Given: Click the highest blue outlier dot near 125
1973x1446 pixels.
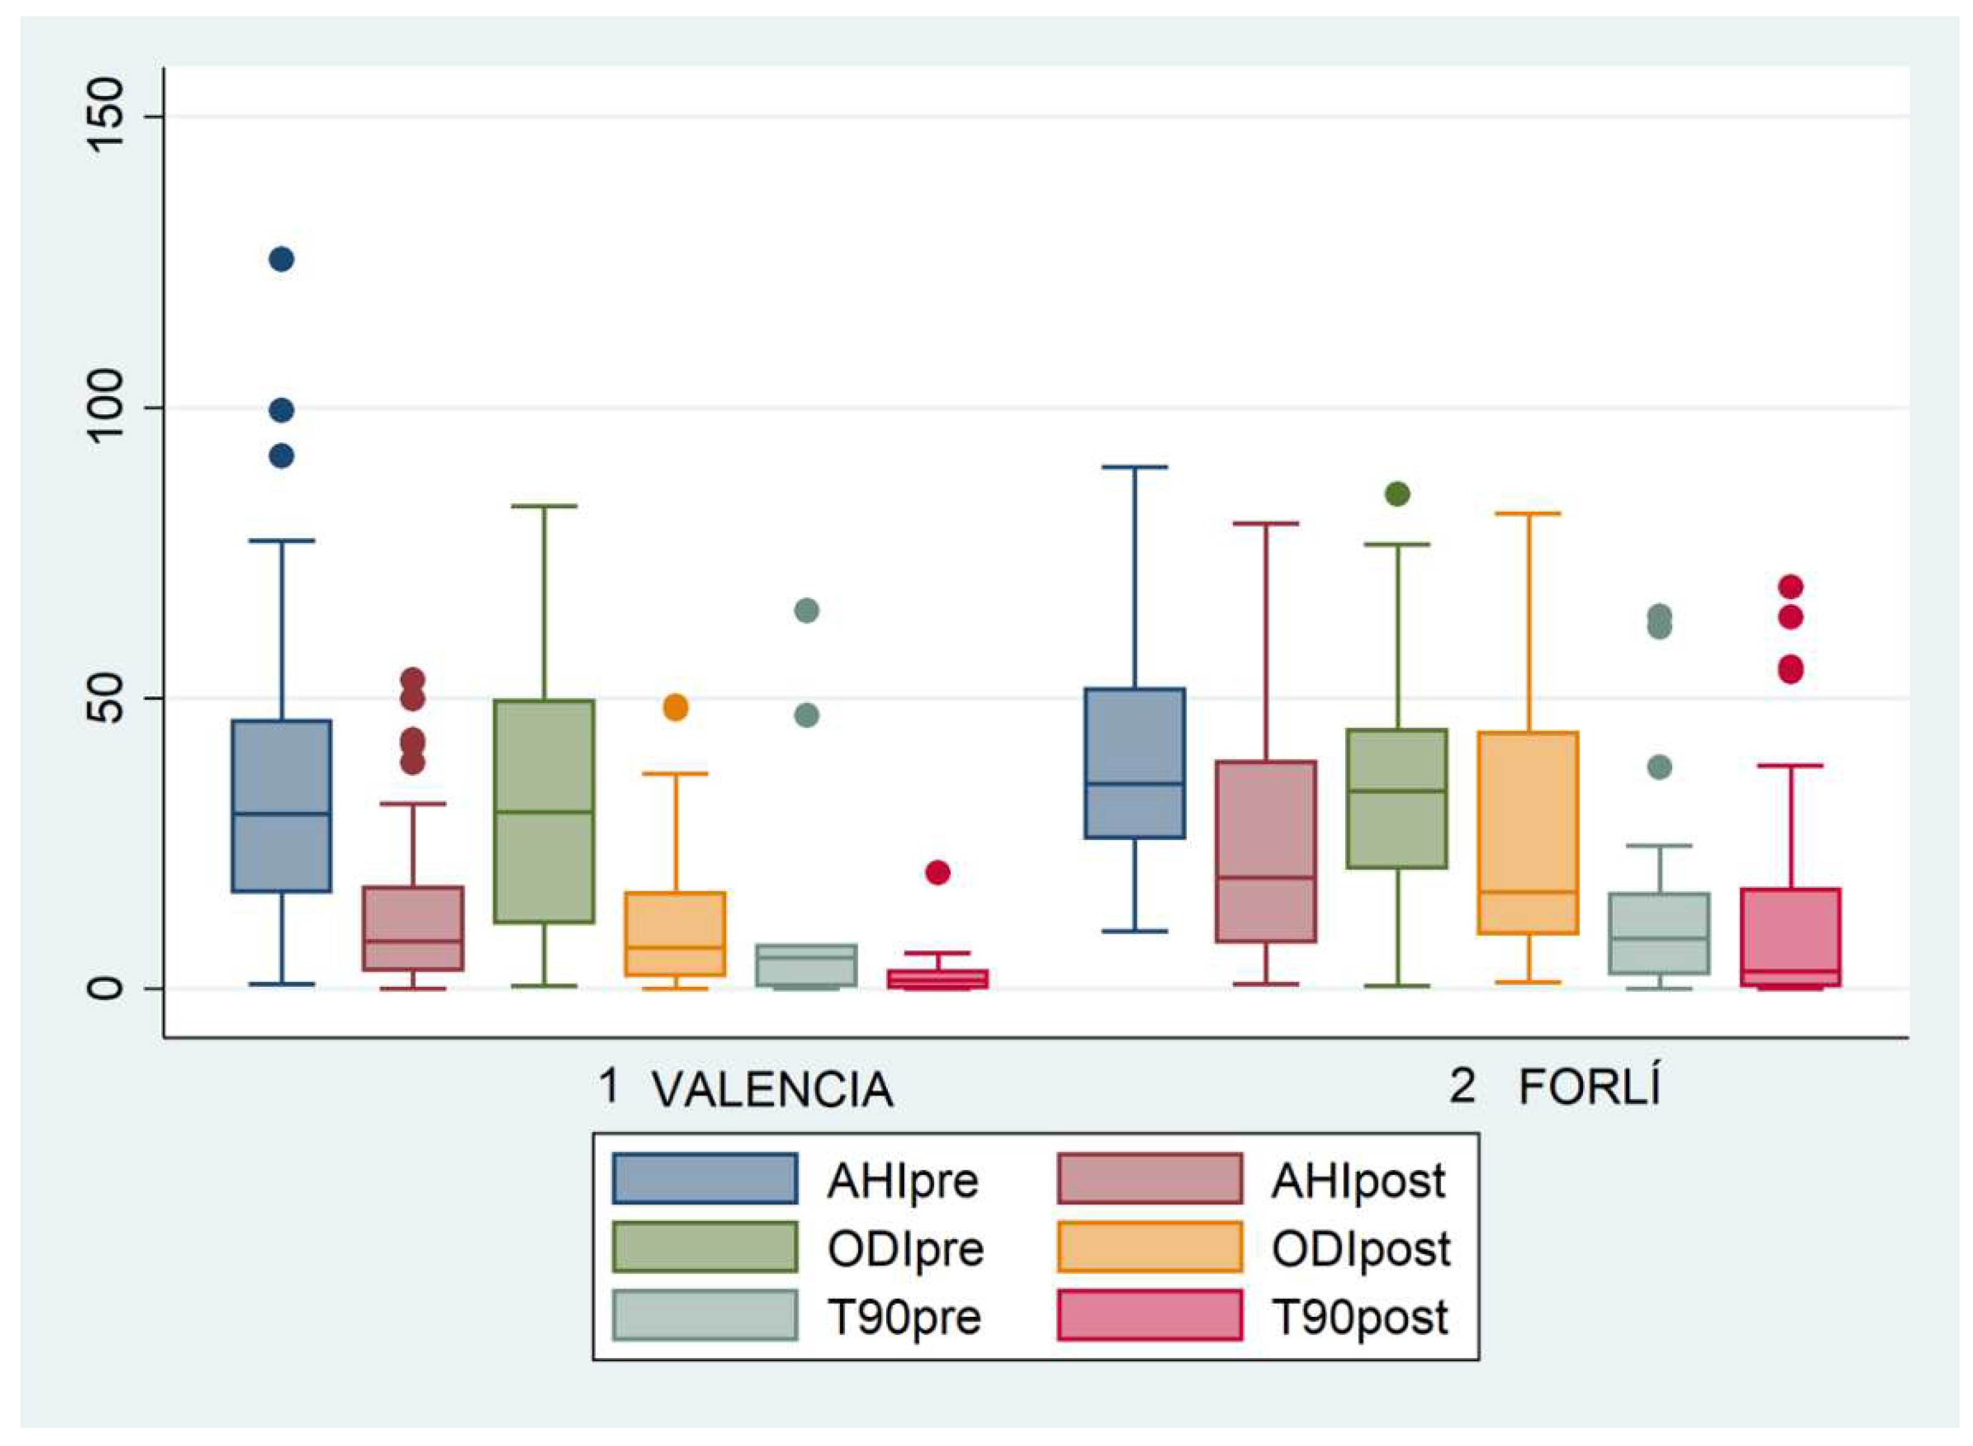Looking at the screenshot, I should click(x=281, y=259).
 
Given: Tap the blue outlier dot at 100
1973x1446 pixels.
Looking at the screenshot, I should click(x=281, y=409).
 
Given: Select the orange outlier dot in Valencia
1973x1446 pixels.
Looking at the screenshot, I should click(x=675, y=707).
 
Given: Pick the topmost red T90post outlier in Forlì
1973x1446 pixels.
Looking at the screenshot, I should click(x=1791, y=587).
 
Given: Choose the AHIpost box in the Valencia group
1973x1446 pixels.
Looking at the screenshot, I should click(x=412, y=928).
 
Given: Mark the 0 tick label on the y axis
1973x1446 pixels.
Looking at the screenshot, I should click(x=107, y=988).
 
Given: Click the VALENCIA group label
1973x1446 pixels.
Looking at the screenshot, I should click(x=772, y=1090).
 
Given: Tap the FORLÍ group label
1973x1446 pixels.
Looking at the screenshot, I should click(x=1588, y=1088).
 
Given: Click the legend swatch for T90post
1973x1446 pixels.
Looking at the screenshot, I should click(x=1149, y=1315).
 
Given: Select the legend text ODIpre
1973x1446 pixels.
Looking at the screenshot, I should click(x=905, y=1249).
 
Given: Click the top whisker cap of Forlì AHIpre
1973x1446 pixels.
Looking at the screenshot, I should click(x=1134, y=468).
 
